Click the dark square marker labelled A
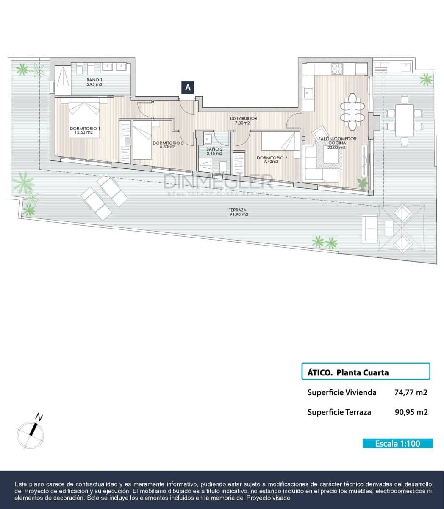(188, 87)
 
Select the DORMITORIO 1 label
(85, 130)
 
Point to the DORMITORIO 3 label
(168, 145)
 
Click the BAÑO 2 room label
(214, 151)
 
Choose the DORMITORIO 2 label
(272, 159)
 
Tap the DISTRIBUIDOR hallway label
(243, 120)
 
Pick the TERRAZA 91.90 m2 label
(238, 212)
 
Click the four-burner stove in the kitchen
(337, 68)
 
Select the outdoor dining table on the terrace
(404, 120)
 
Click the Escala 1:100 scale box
(397, 443)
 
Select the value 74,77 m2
(411, 392)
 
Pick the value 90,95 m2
(411, 412)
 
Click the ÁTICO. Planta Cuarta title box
(365, 372)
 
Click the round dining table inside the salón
(352, 111)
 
